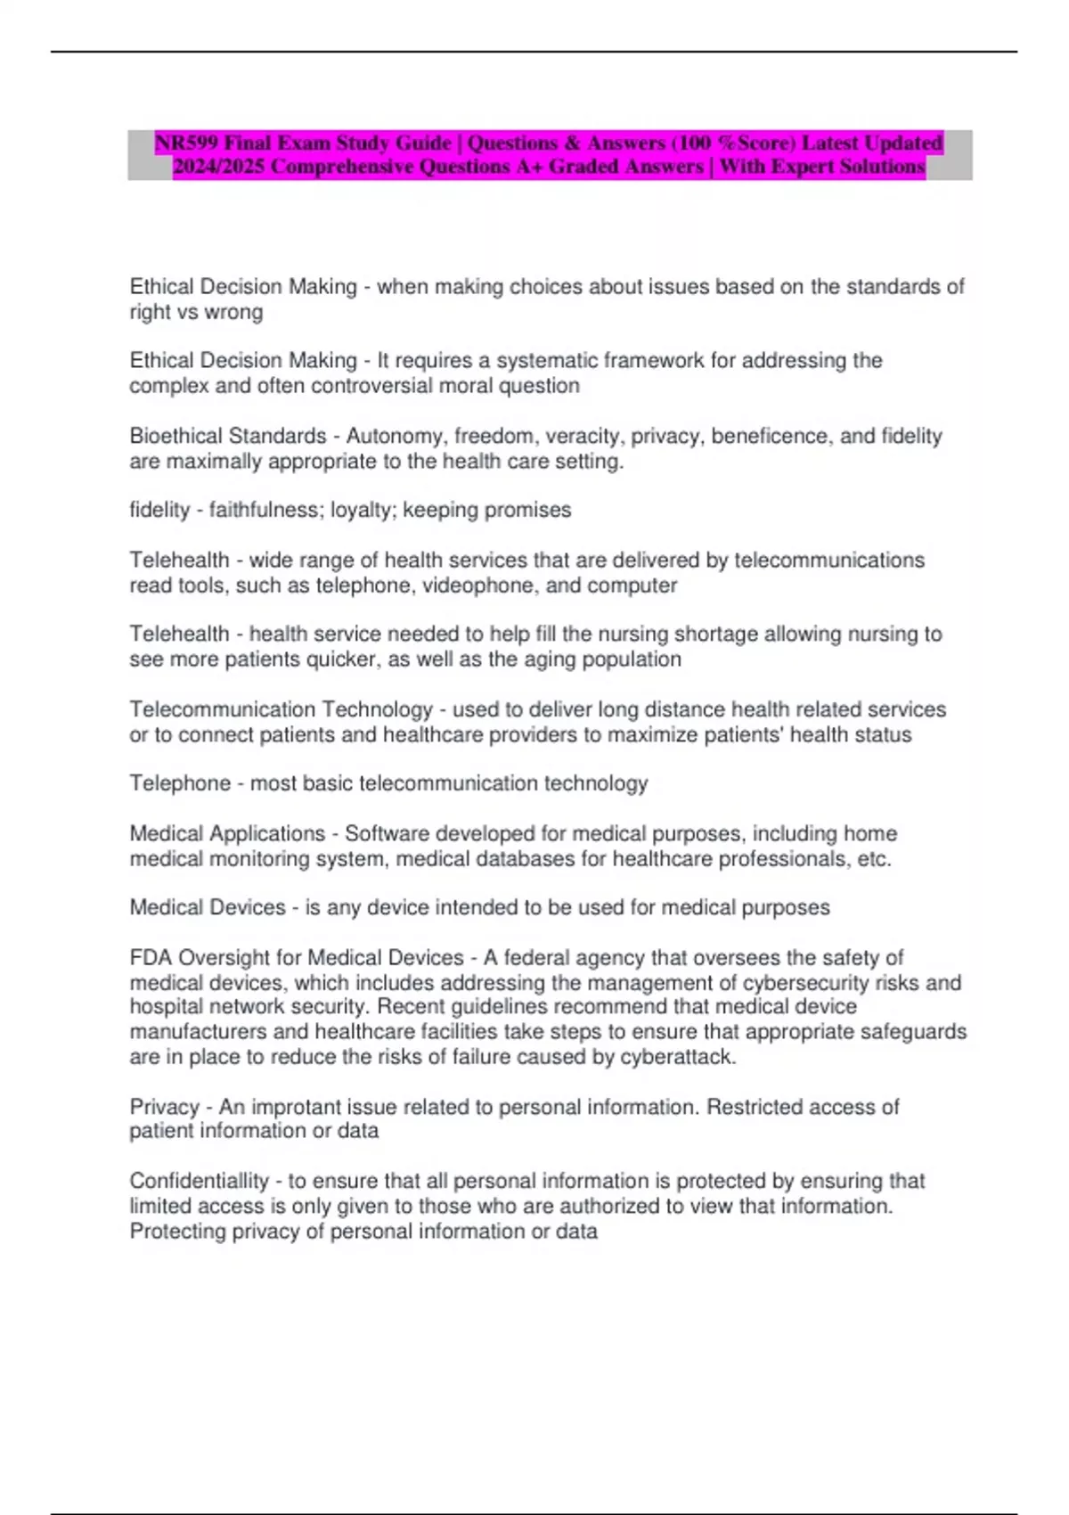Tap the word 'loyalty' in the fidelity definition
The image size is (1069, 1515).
362,511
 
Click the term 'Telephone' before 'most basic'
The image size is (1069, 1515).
180,784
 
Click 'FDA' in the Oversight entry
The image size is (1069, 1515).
151,958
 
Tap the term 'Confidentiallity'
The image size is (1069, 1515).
199,1182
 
